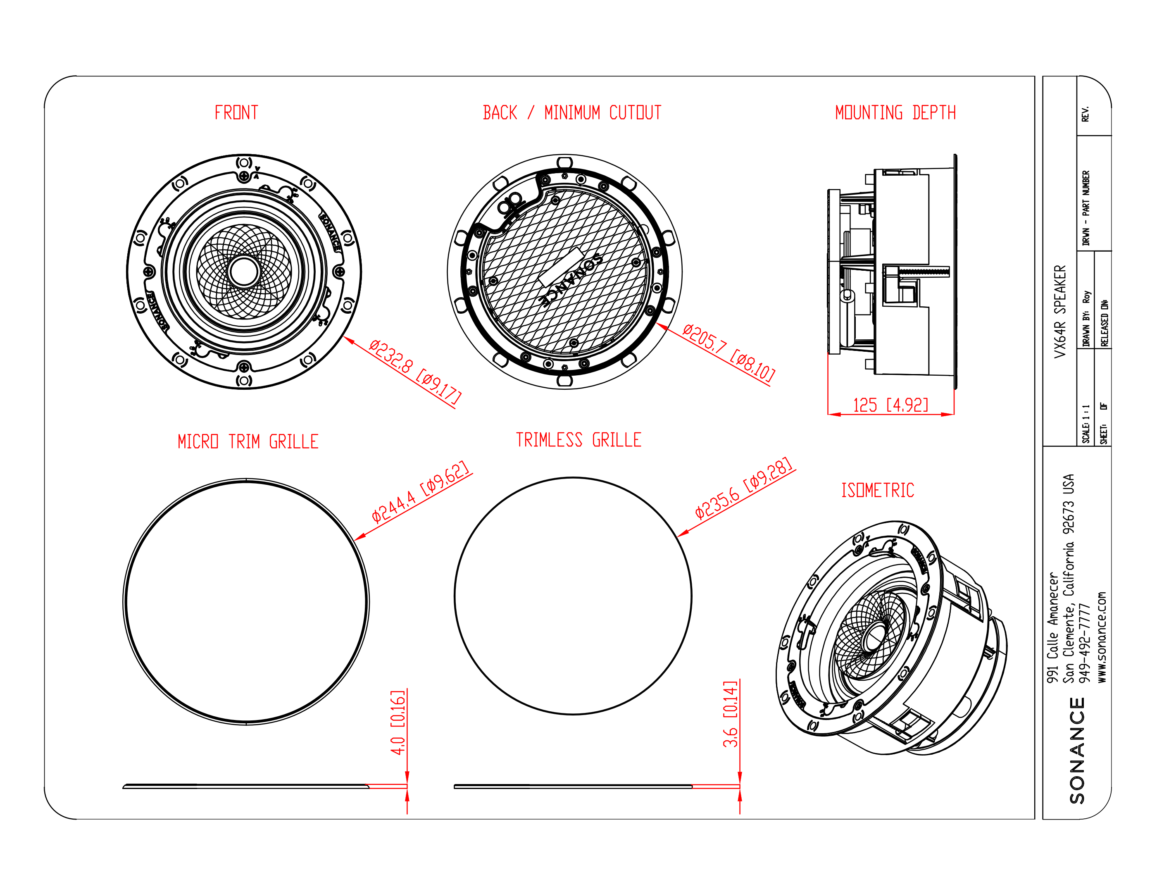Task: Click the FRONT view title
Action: coord(236,112)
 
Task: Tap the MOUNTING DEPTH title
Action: coord(895,112)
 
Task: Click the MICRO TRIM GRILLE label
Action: coord(248,441)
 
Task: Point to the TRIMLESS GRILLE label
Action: coord(578,440)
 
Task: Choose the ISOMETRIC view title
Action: coord(877,490)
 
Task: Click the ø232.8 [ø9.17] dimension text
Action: coord(415,372)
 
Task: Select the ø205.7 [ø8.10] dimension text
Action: coord(728,353)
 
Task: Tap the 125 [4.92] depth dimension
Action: coord(890,405)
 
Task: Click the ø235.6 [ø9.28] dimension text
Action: coord(744,488)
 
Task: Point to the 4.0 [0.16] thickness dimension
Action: coord(398,722)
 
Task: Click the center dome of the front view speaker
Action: coord(244,271)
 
